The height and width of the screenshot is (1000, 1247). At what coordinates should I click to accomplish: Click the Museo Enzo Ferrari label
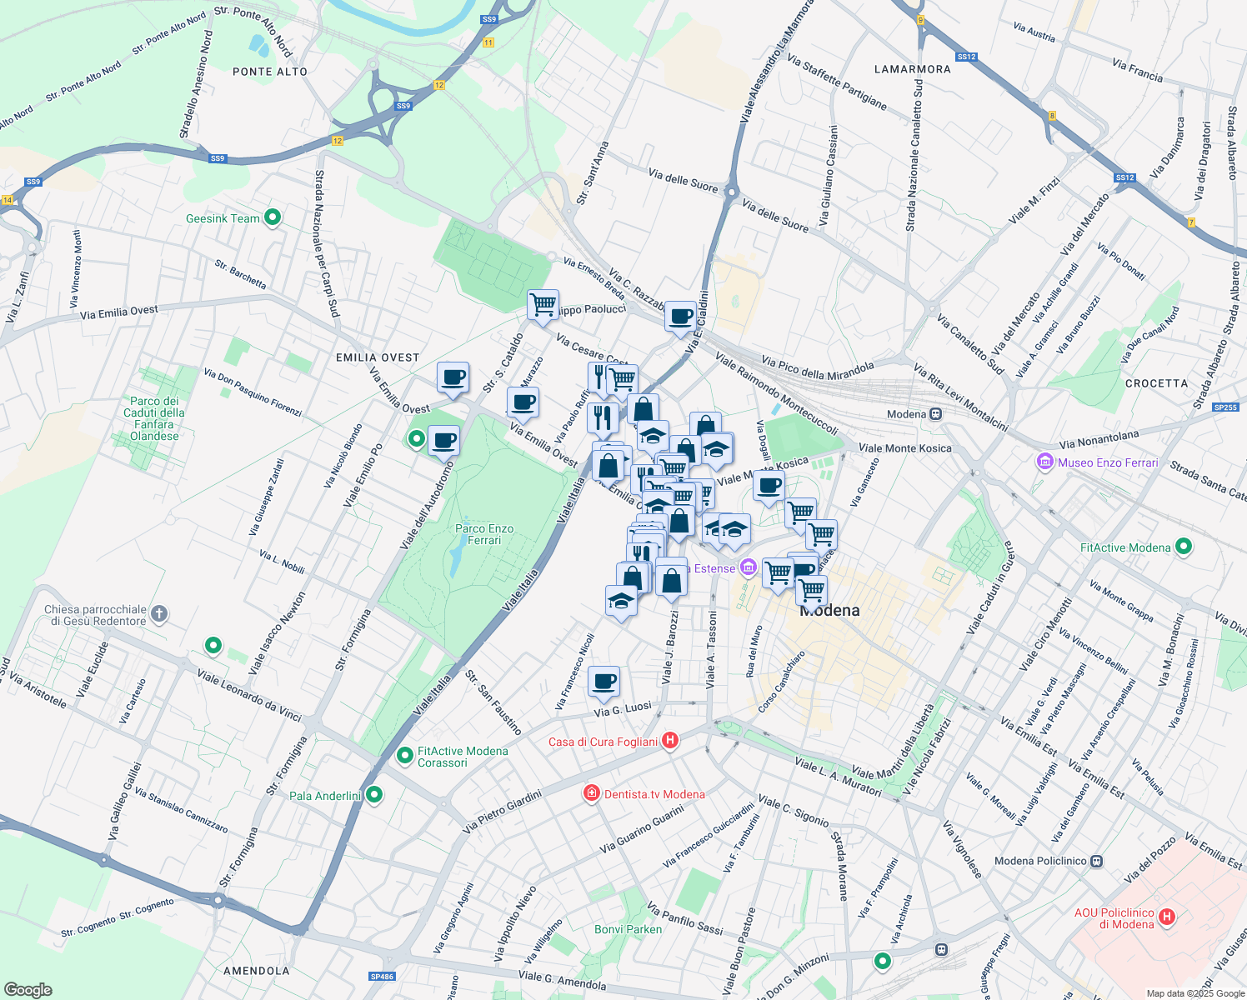point(1108,462)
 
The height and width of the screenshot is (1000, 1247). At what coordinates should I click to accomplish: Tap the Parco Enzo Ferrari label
point(484,534)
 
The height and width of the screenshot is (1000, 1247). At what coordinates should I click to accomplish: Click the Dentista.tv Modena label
point(654,794)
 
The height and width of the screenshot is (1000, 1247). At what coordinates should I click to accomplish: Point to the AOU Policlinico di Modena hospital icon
point(1167,917)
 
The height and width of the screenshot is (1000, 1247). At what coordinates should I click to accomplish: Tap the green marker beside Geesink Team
point(272,218)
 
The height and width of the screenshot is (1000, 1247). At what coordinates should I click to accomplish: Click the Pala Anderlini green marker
point(374,795)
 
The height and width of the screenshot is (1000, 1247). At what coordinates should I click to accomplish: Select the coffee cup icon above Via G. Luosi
point(603,681)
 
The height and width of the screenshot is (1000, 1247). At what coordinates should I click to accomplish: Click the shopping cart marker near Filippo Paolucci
point(543,304)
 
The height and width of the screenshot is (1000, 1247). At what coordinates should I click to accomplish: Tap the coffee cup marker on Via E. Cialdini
point(680,316)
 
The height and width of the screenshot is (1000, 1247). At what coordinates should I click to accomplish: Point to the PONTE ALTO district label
point(270,72)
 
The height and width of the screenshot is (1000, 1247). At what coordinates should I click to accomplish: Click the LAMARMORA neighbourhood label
point(912,69)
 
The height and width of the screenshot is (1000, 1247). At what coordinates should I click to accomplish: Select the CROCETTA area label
point(1156,383)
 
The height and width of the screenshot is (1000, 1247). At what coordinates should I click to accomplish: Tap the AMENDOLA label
point(257,971)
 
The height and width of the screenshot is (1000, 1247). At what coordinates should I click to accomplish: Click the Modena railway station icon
point(936,414)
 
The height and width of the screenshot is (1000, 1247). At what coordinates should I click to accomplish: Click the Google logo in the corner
point(28,990)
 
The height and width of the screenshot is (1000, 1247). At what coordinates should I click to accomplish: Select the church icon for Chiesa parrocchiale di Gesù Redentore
point(159,615)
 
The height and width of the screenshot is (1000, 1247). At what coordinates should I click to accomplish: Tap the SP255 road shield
point(1225,407)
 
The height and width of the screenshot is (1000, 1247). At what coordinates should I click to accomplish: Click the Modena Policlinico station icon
point(1097,861)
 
